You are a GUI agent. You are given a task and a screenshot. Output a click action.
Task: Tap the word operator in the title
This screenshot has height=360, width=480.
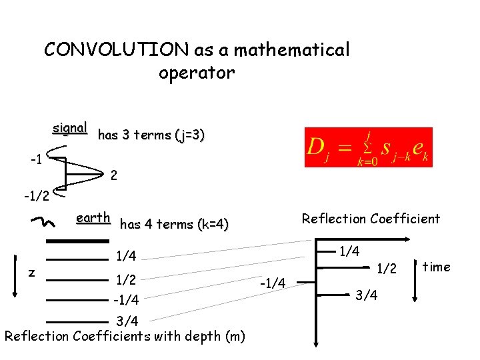[x=197, y=73]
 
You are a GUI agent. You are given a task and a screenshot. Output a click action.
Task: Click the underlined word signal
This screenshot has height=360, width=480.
[x=70, y=127]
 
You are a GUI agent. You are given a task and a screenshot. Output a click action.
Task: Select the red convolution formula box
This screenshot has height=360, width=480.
[x=368, y=147]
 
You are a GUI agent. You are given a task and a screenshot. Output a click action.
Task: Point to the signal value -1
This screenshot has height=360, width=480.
[x=37, y=160]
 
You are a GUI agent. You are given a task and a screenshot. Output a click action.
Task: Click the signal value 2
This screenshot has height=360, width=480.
[x=114, y=177]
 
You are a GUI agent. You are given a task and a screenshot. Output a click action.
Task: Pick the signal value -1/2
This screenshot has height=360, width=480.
[x=36, y=196]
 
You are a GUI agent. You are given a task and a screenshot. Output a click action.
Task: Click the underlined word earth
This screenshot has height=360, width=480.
[x=93, y=218]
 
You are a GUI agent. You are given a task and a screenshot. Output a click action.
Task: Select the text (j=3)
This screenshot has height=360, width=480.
[x=190, y=135]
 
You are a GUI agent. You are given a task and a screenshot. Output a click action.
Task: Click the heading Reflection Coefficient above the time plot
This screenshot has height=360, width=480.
[x=371, y=219]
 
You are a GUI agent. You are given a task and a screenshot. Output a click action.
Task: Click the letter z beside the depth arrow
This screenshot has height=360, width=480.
[x=31, y=272]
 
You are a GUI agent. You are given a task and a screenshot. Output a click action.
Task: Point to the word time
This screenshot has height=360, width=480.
[x=437, y=267]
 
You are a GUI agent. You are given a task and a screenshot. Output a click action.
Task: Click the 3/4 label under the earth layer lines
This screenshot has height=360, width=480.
[x=127, y=321]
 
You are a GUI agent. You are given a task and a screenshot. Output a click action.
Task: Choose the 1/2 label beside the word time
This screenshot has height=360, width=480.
[x=387, y=269]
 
